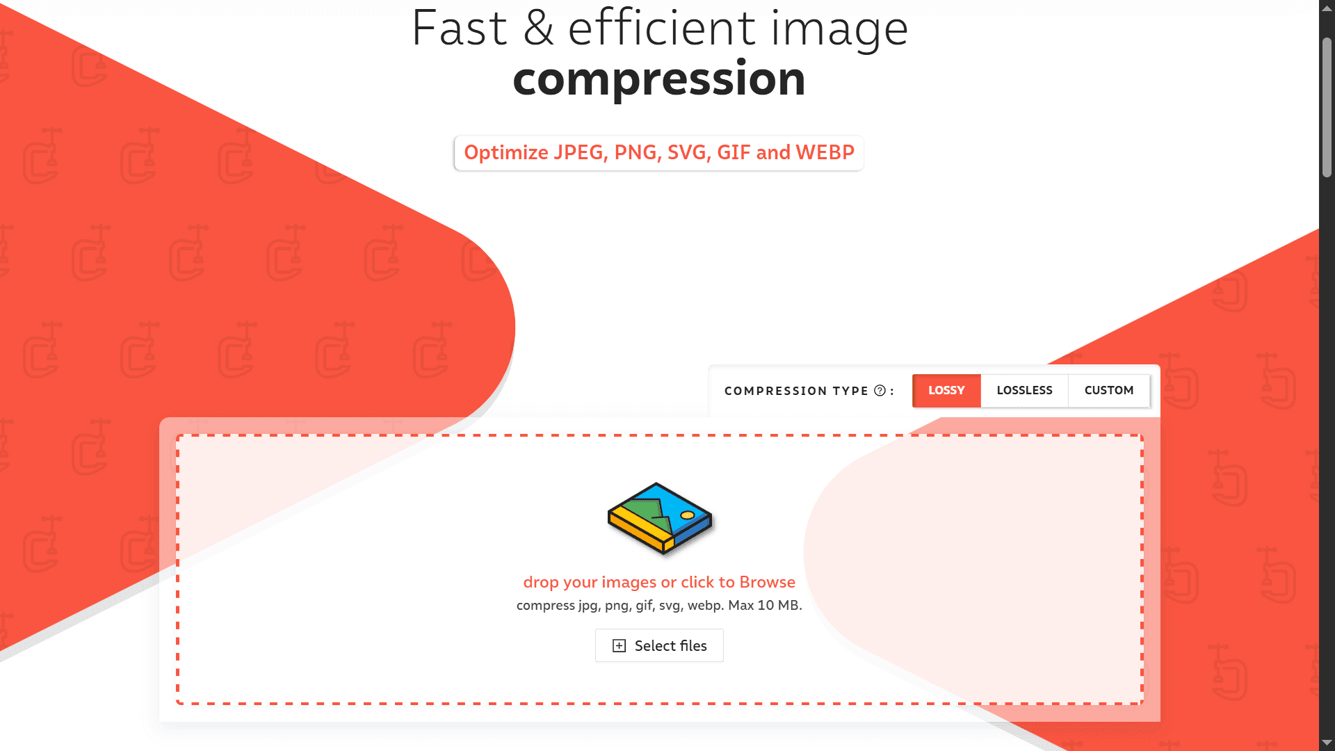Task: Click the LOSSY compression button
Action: coord(946,391)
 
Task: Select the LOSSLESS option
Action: coord(1024,391)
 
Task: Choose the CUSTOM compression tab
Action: coord(1109,391)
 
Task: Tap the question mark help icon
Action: coord(880,391)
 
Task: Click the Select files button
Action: coord(659,646)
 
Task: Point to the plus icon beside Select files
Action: coord(619,646)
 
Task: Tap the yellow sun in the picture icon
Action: coord(688,515)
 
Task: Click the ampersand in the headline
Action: coord(538,29)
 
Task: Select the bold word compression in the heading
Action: coord(659,79)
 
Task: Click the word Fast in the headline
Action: coord(459,29)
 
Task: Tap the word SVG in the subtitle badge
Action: coord(686,152)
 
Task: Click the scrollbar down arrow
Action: coord(1327,743)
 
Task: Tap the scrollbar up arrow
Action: coord(1327,8)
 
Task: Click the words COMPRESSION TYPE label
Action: coord(796,391)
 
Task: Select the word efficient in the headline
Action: coord(661,29)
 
